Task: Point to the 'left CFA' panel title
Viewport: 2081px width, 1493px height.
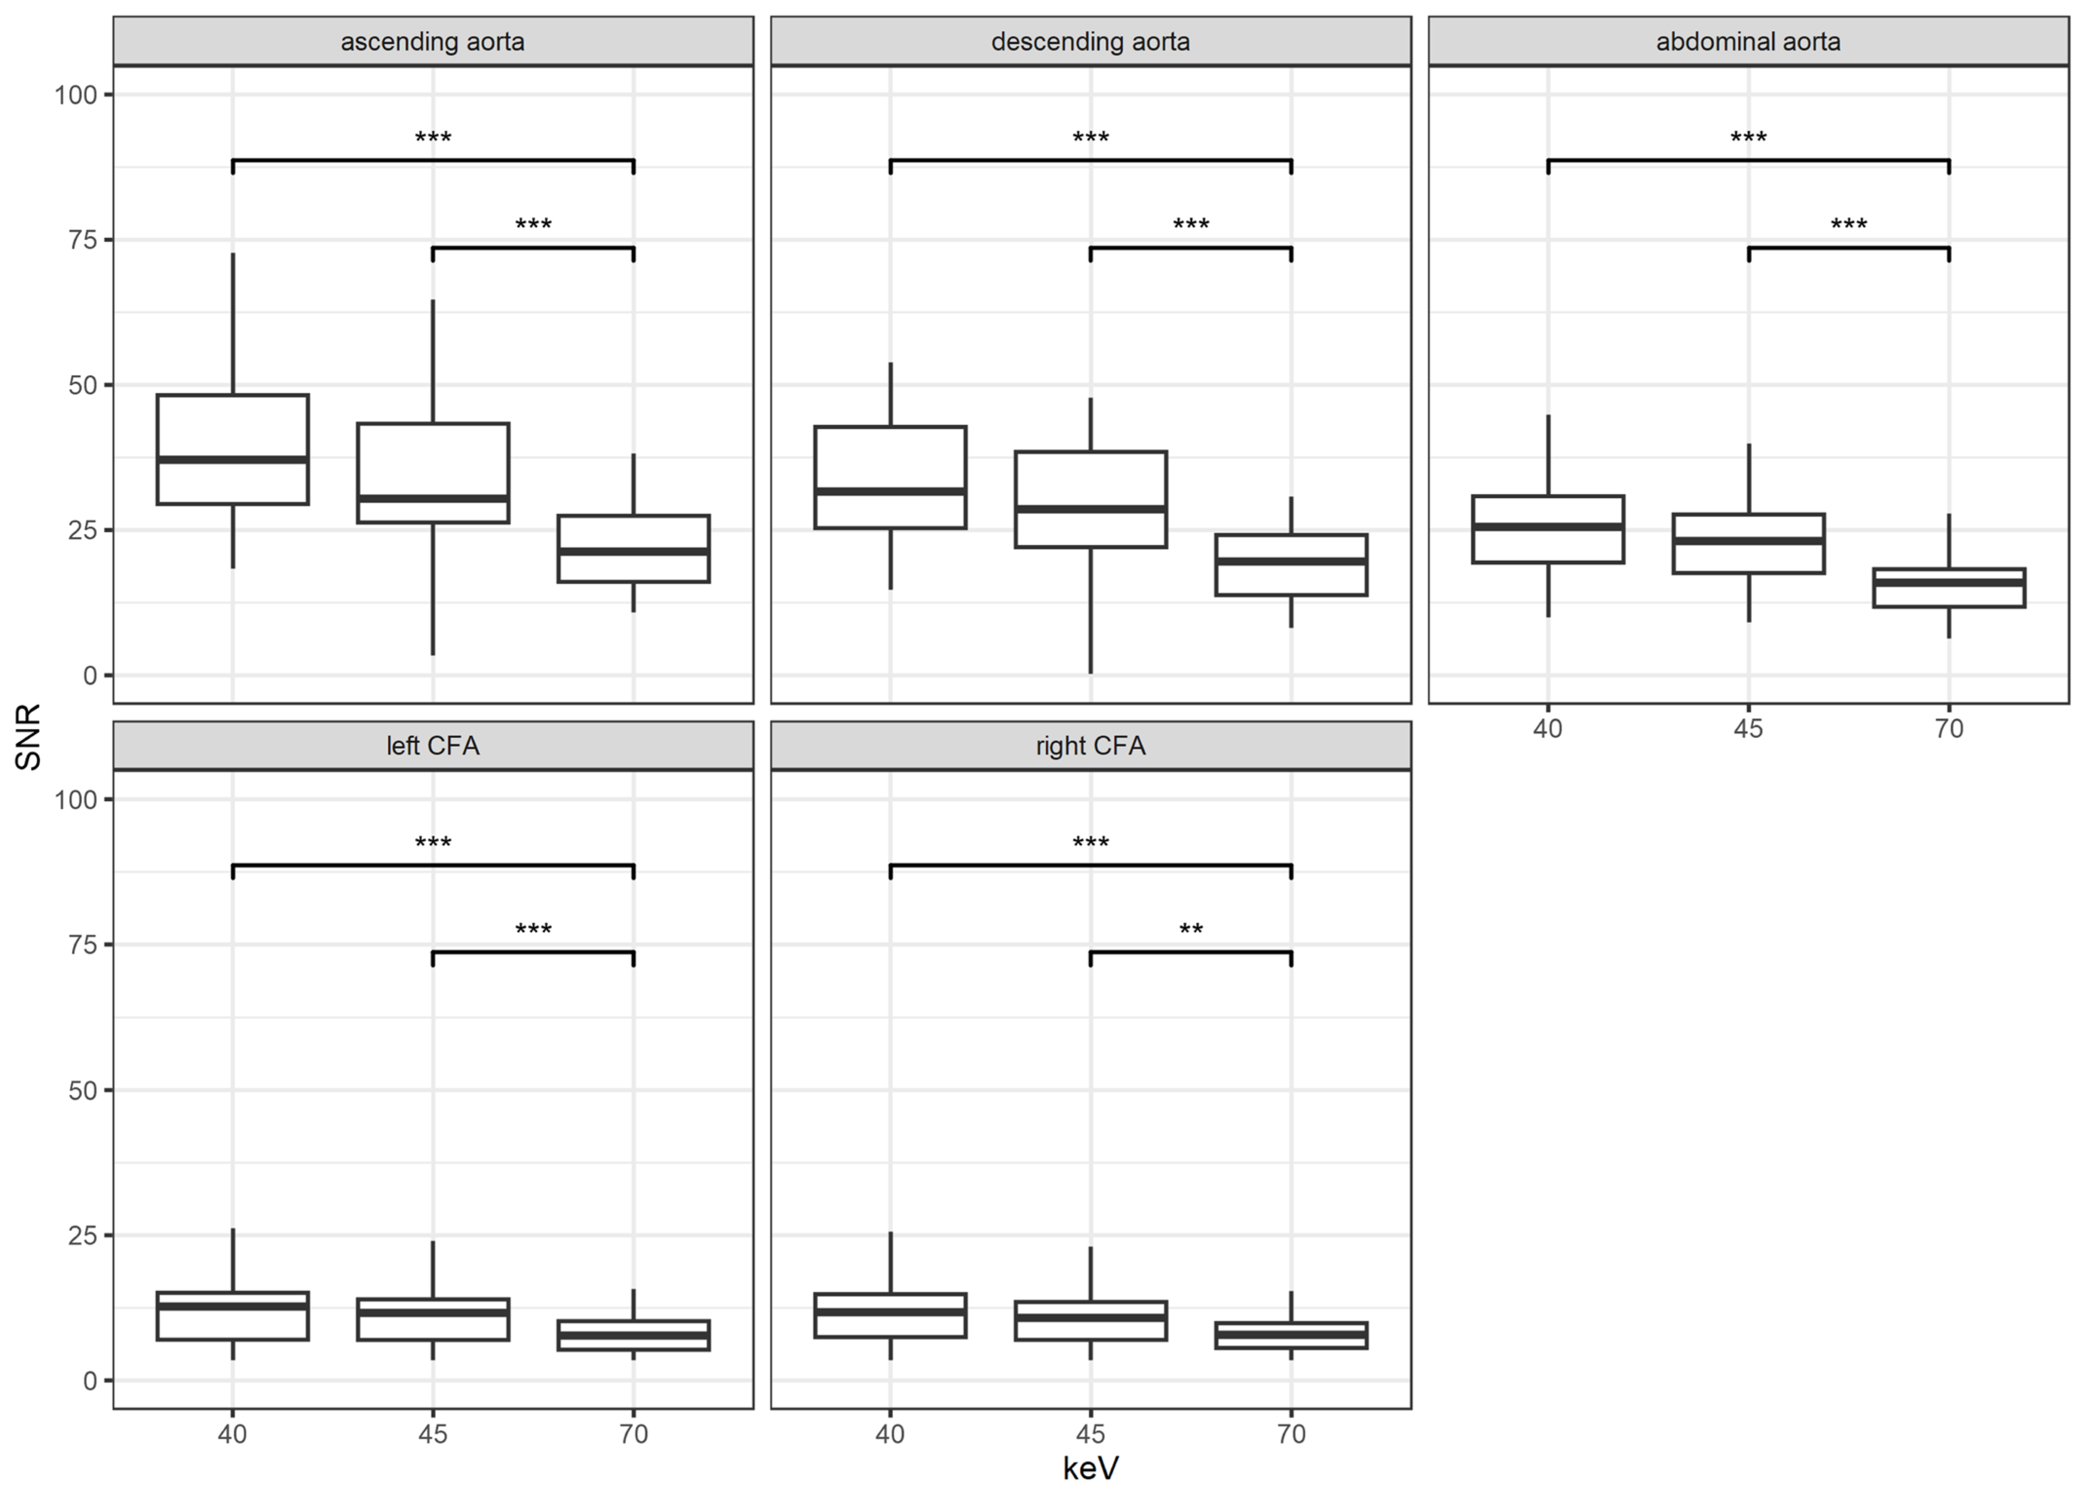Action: click(x=432, y=746)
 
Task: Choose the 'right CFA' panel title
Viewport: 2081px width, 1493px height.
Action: click(x=1090, y=746)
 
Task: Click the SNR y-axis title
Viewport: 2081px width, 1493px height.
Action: click(x=28, y=737)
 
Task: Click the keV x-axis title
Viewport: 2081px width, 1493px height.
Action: click(x=1090, y=1468)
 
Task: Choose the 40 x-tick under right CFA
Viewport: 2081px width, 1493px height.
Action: click(x=890, y=1434)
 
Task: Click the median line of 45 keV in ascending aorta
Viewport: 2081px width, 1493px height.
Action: click(x=432, y=498)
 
